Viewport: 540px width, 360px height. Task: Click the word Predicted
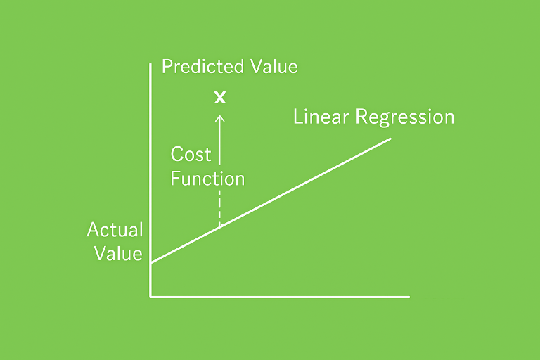coord(202,66)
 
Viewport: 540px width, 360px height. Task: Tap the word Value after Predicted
coord(274,66)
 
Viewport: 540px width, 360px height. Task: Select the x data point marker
coord(220,98)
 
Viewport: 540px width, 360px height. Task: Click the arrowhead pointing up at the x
coord(220,119)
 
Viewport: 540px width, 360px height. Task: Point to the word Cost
coord(191,154)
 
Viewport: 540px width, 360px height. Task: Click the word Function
coord(207,179)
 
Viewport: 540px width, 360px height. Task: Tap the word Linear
coord(321,117)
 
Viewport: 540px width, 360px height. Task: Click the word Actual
coord(115,229)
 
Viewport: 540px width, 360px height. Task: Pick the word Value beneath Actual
coord(118,254)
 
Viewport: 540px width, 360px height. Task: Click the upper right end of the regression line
coord(390,139)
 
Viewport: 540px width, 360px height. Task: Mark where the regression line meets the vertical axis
coord(151,263)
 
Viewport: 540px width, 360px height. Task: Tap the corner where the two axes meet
coord(151,297)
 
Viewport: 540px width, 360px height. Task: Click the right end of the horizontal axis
coord(409,297)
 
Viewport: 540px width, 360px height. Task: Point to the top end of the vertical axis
coord(150,64)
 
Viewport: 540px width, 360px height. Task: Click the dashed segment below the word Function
coord(220,207)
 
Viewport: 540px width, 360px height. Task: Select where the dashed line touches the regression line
coord(220,226)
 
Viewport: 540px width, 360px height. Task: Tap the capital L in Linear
coord(298,117)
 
